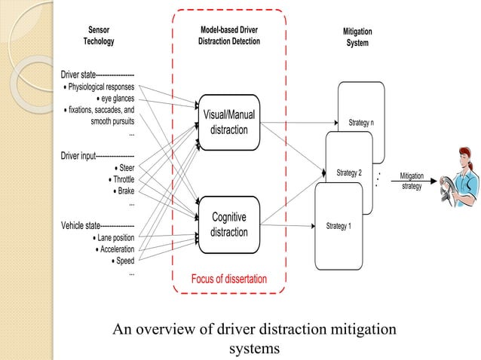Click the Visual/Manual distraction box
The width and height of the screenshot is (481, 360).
coord(228,122)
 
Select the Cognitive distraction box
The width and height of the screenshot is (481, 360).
coord(228,224)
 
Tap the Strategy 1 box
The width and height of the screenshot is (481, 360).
coord(339,225)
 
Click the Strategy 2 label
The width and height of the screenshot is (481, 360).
coord(349,173)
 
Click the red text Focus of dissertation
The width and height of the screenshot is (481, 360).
coord(229,279)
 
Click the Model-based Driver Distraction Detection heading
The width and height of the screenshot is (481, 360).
coord(228,36)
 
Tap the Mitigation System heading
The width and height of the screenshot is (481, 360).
coord(357,38)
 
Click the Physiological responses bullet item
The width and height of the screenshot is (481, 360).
coord(100,87)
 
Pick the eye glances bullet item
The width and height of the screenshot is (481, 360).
coord(116,98)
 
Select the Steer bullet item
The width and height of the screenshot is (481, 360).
coord(124,168)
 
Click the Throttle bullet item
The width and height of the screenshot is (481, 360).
coord(121,179)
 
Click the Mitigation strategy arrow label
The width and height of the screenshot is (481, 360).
coord(411,181)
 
